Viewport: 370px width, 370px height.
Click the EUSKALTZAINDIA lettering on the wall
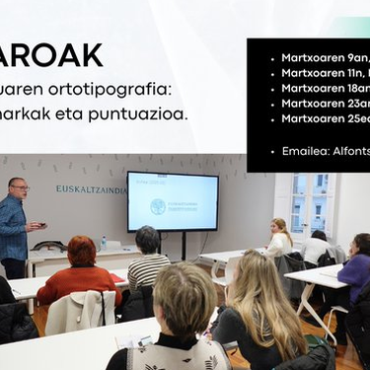tap(90, 188)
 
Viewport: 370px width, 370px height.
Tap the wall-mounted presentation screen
tap(173, 201)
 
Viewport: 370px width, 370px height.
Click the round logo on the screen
tap(158, 206)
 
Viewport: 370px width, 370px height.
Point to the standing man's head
tap(18, 187)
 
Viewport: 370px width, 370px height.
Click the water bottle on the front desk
tap(104, 242)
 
